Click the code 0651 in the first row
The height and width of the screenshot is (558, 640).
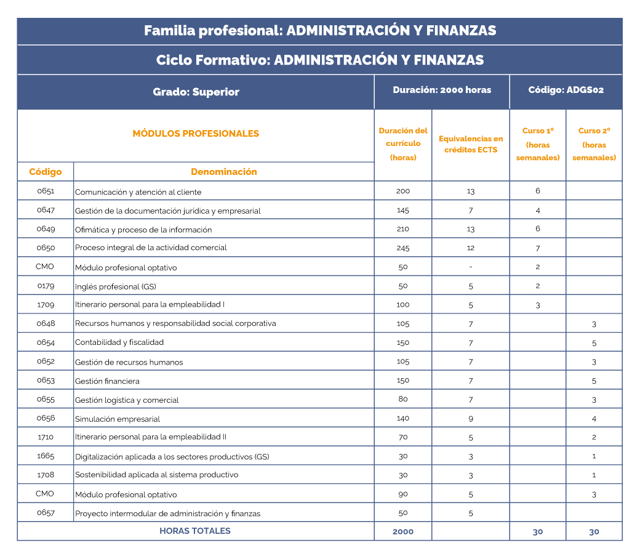46,191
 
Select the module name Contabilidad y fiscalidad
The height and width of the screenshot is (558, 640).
119,342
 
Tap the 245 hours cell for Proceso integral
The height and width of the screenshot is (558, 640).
403,248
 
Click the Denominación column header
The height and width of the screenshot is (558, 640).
223,172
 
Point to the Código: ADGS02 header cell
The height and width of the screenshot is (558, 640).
566,90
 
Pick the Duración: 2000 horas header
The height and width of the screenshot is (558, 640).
442,90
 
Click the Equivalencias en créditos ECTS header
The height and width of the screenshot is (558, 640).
471,144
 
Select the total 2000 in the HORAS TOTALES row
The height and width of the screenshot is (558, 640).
403,532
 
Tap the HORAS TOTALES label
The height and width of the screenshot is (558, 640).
195,531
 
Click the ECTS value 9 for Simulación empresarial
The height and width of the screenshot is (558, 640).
471,419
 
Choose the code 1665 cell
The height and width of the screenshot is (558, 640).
46,456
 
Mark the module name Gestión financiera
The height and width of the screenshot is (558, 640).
107,381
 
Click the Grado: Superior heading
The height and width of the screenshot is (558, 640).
196,92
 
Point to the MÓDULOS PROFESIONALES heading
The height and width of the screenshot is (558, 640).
196,134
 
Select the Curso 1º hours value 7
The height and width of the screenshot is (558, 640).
538,248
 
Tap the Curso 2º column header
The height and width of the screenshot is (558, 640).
594,144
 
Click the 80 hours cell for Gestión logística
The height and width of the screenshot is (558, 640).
403,399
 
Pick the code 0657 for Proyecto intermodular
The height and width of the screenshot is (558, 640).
46,512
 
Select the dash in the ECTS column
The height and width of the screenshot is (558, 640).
471,267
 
